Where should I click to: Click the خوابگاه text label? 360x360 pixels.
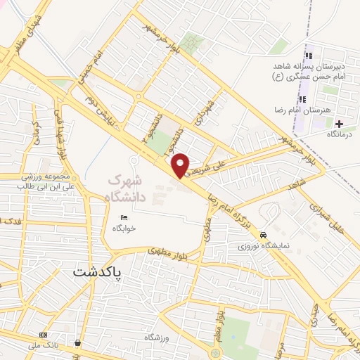(x=125, y=229)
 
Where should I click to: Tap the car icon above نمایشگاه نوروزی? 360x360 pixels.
(x=263, y=235)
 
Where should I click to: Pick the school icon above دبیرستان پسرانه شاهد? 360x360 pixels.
(x=307, y=56)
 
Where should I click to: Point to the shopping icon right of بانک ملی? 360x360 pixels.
(x=77, y=343)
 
